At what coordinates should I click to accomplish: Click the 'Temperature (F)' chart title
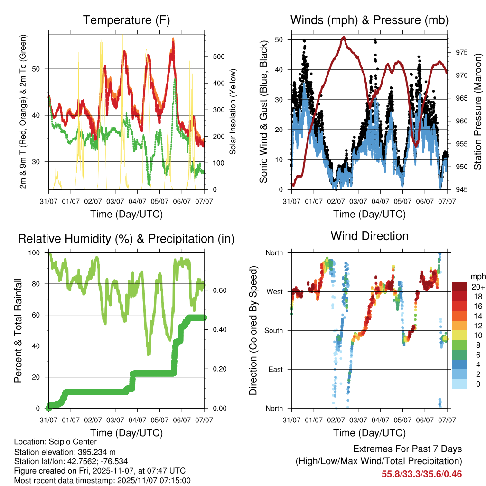(x=126, y=20)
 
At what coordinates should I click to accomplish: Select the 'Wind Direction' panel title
(x=369, y=236)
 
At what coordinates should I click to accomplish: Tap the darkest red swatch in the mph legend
(x=460, y=287)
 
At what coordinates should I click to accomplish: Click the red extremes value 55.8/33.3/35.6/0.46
(x=421, y=474)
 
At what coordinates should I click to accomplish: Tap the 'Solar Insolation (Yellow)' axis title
(x=233, y=112)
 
